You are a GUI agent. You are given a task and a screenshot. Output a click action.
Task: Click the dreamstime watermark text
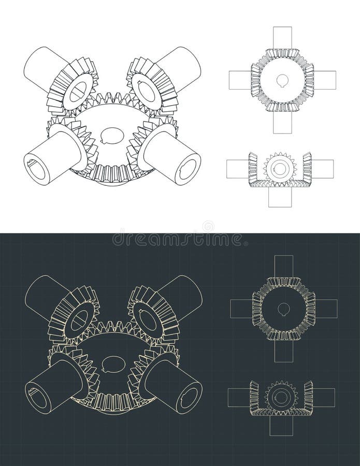pos(179,239)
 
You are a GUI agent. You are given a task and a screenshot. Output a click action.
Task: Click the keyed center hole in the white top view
pos(283,80)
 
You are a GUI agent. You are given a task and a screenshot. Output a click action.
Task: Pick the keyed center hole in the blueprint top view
pos(283,310)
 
